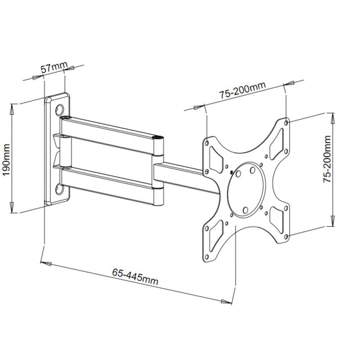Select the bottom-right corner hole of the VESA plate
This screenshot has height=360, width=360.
(x=287, y=236)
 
